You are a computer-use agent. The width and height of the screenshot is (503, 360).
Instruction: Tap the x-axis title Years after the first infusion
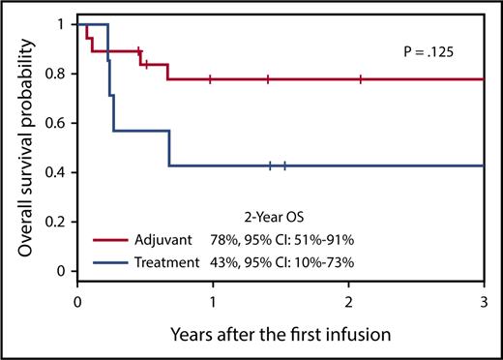[x=281, y=335]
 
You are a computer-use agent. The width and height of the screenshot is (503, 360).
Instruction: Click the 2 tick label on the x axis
[x=348, y=301]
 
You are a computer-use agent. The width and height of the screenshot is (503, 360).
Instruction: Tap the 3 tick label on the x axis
[x=484, y=301]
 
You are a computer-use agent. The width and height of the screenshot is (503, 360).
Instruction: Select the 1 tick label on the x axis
[x=213, y=301]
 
